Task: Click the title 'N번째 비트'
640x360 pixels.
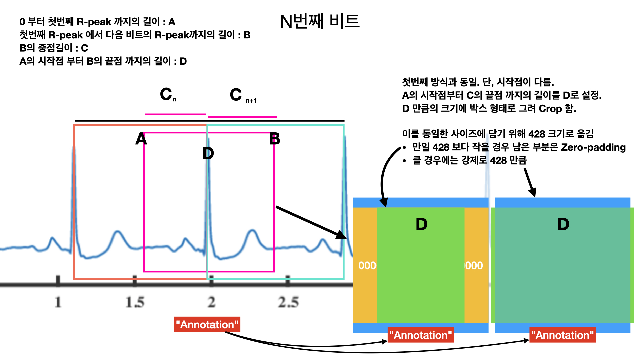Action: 320,22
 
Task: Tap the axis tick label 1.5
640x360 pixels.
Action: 135,302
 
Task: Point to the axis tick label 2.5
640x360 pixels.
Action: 288,302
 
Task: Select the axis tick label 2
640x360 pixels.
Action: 211,302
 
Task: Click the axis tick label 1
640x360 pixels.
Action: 58,302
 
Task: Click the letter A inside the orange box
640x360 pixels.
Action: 141,139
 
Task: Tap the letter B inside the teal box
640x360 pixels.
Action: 275,139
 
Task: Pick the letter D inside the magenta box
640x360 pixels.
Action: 208,154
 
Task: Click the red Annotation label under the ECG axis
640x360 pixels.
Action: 207,324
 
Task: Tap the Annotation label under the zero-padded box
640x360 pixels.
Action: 421,335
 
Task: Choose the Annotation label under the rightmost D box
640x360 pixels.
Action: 562,335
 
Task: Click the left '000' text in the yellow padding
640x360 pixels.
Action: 367,266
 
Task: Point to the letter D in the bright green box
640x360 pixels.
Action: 421,224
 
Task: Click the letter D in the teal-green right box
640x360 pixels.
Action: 563,224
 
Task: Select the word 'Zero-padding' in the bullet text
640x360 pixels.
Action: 593,147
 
